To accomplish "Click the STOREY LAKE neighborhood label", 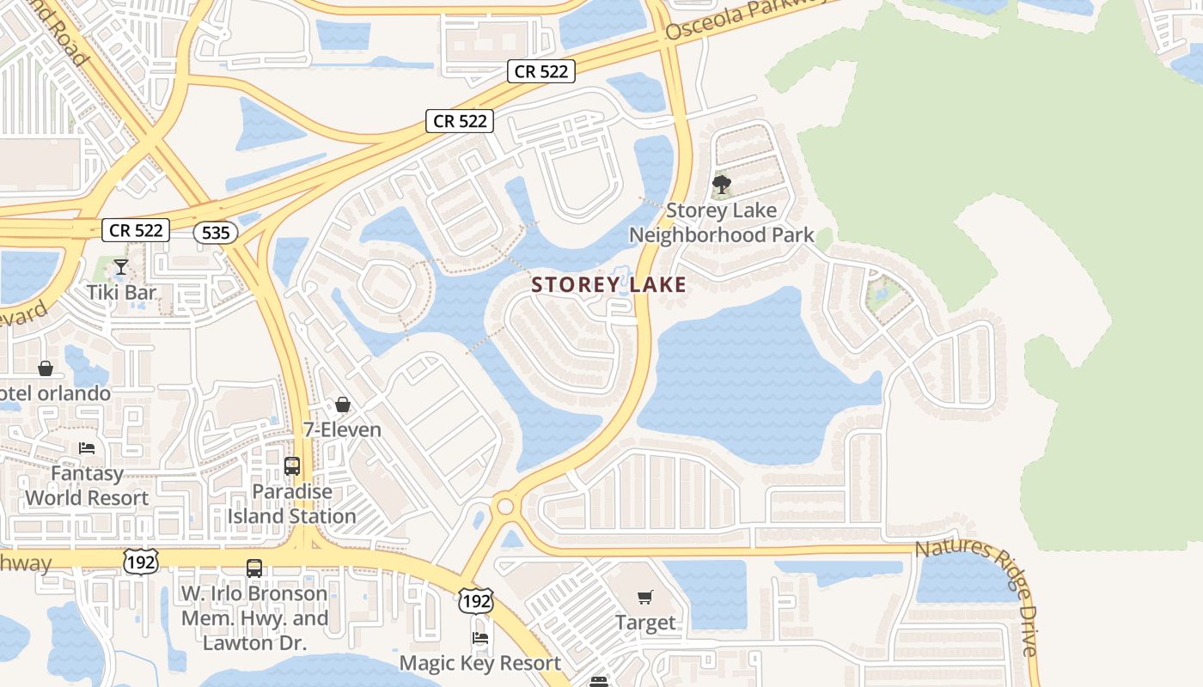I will [608, 285].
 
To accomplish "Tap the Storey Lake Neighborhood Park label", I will [721, 222].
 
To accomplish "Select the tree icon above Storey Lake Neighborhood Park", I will [722, 184].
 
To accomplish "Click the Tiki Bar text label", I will [121, 292].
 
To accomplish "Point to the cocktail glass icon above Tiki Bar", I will [121, 266].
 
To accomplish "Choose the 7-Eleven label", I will [343, 429].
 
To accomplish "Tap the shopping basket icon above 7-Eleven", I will [343, 404].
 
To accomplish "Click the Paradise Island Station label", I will [292, 504].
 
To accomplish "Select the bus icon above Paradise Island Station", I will [292, 466].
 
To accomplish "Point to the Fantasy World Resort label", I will [87, 485].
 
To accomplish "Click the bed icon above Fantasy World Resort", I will [87, 447].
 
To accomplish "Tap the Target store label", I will [645, 623].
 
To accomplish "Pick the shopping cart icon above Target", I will [645, 598].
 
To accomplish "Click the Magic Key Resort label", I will [480, 663].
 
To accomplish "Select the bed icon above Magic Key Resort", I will [480, 638].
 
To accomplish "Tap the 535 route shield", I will [215, 232].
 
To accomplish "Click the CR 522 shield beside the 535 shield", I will [136, 230].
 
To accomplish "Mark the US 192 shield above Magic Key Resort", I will [474, 601].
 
